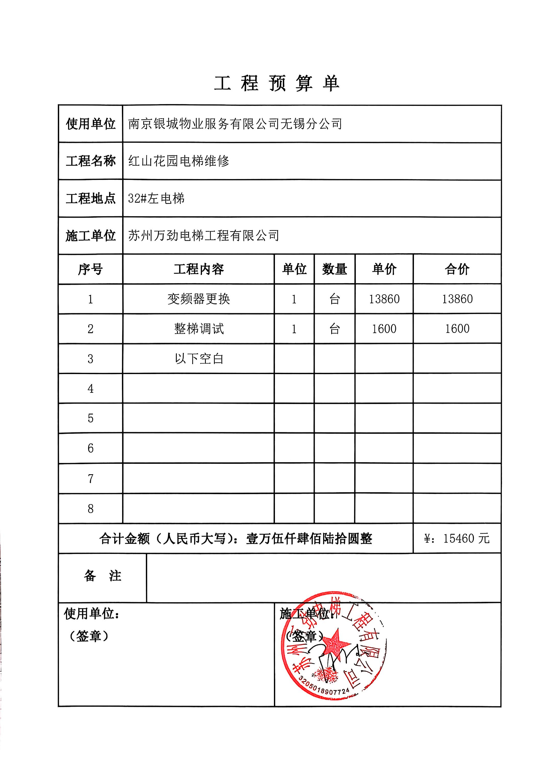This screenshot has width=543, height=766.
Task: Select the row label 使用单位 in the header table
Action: tap(90, 124)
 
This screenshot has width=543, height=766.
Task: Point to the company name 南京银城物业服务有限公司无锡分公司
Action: tap(235, 124)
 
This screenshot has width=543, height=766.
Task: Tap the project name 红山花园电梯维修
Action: tap(179, 161)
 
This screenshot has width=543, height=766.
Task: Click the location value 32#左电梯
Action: tap(156, 199)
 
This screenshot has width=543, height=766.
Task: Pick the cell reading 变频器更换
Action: tap(199, 299)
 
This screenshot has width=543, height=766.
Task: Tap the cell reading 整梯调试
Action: tap(199, 329)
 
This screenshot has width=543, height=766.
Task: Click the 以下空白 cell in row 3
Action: tap(199, 359)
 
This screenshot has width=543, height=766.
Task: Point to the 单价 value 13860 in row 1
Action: tap(384, 299)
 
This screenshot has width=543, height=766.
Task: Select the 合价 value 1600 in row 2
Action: tap(457, 329)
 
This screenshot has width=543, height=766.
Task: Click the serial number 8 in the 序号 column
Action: tap(91, 509)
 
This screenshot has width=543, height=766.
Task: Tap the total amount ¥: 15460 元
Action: tap(457, 538)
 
